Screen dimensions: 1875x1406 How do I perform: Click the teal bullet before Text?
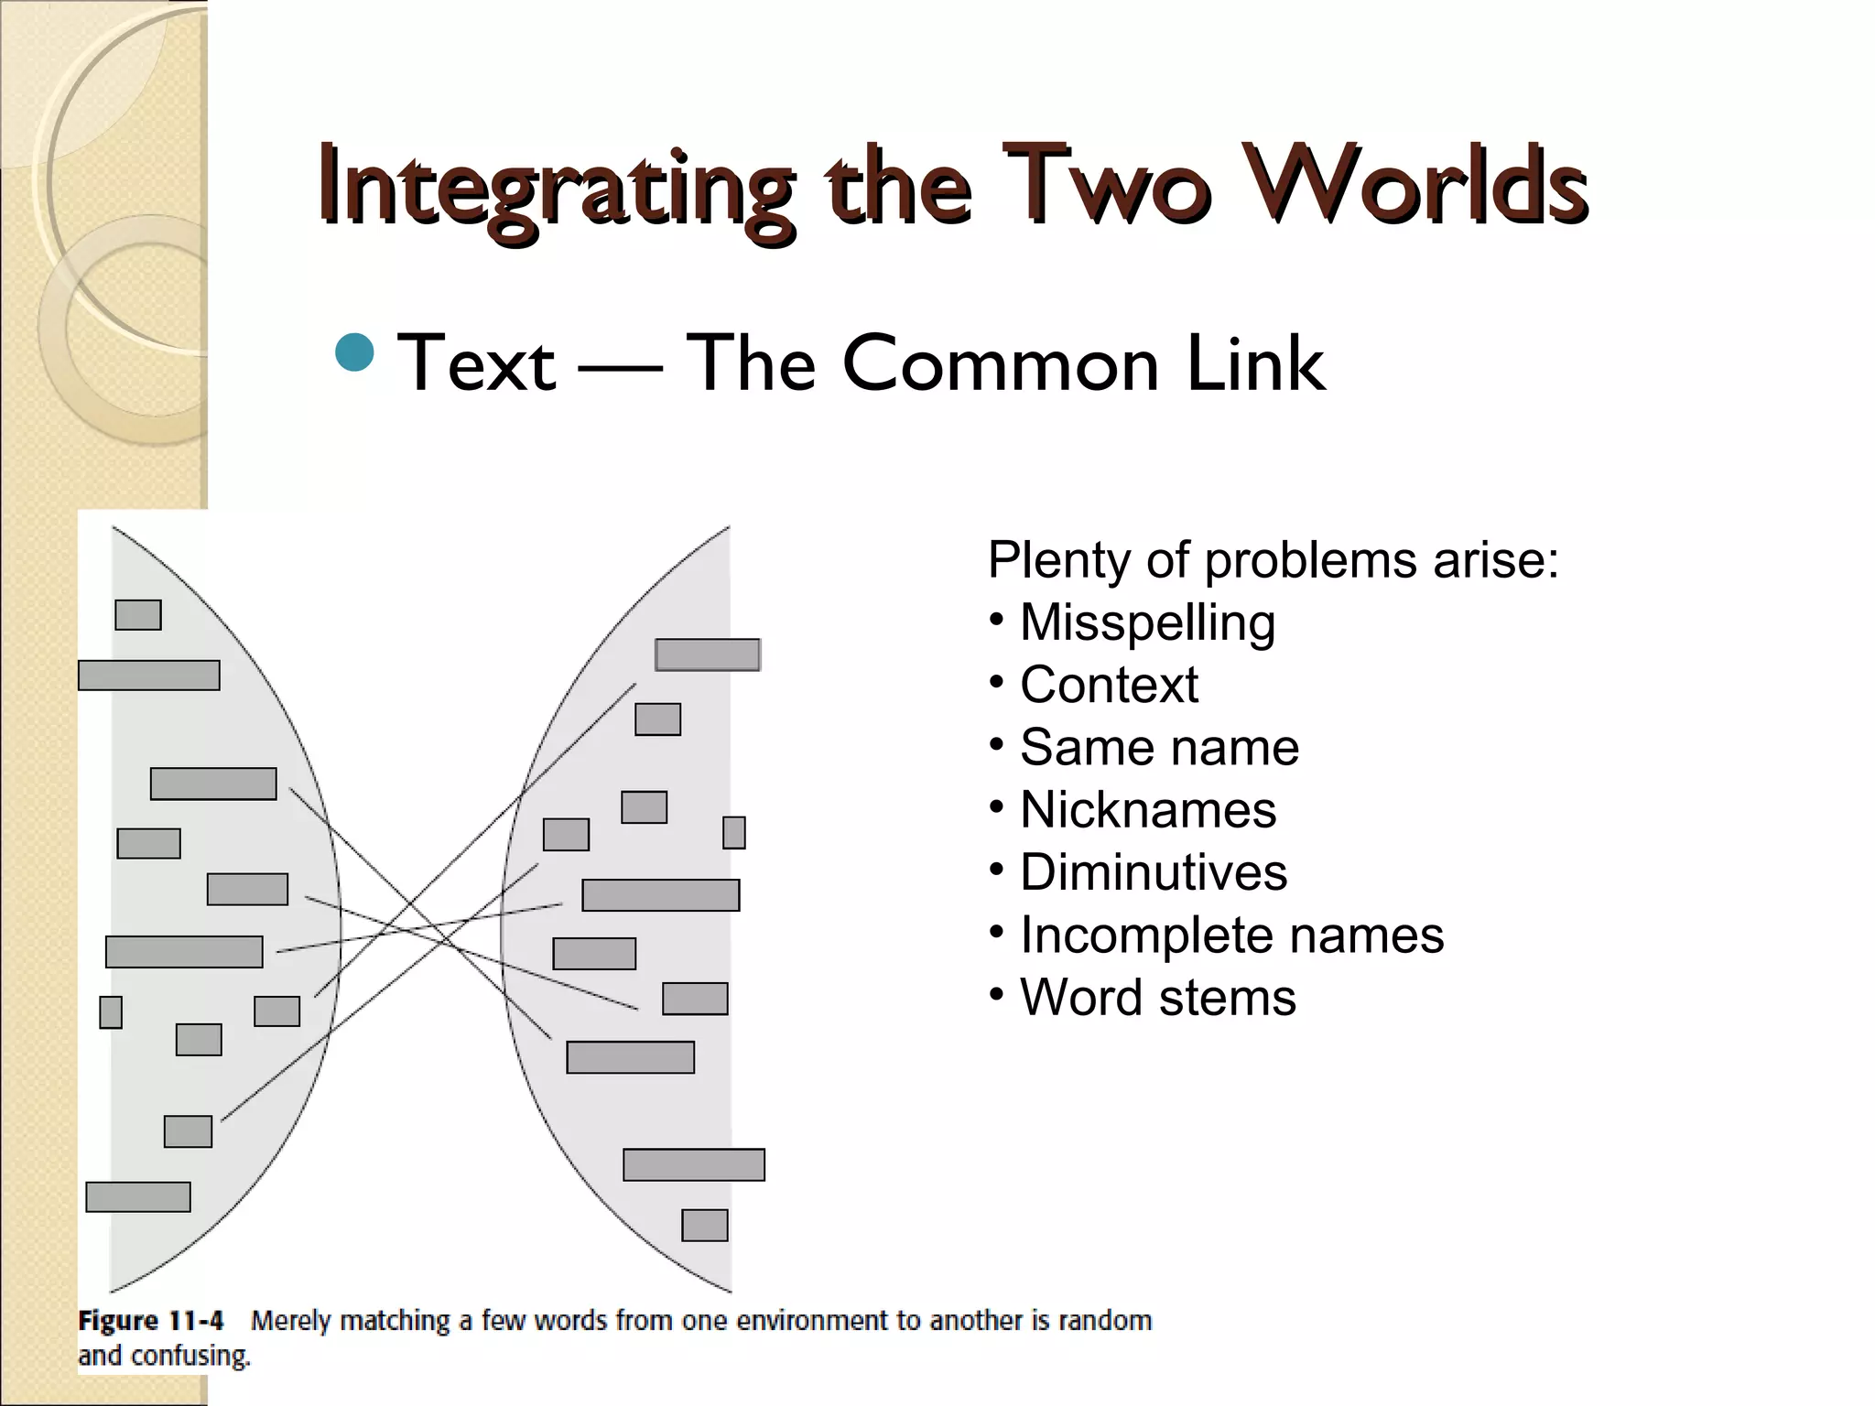tap(354, 353)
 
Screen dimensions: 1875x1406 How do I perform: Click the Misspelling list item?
tap(1147, 622)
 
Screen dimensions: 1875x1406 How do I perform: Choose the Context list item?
tap(1109, 685)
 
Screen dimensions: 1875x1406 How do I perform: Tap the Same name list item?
tap(1159, 747)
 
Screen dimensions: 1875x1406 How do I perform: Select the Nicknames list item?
tap(1148, 810)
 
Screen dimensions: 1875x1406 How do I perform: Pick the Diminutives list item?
tap(1154, 872)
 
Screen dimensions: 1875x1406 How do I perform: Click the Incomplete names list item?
tap(1231, 935)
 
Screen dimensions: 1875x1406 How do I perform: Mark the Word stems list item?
tap(1158, 997)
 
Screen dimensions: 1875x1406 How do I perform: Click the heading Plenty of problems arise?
tap(1273, 559)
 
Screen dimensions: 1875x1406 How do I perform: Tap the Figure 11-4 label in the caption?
tap(151, 1321)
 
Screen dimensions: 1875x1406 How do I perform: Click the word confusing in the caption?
tap(190, 1356)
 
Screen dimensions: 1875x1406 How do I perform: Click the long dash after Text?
tap(620, 368)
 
